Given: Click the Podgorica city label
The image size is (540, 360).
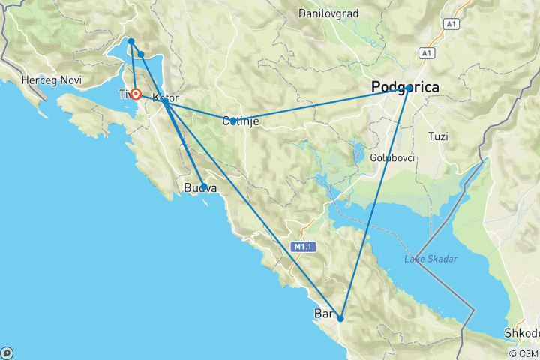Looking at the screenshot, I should (x=406, y=88).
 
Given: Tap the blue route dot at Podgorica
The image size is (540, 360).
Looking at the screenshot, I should (x=409, y=88).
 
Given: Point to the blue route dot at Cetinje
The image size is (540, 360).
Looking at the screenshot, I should (x=233, y=121).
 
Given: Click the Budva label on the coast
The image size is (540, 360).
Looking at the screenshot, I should (x=200, y=189).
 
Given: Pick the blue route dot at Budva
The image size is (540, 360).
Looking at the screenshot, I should (x=204, y=187).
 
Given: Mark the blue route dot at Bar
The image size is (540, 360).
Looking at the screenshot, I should (x=340, y=318).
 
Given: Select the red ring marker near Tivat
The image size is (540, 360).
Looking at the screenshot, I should (x=136, y=94).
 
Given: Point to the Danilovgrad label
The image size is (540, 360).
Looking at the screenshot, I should (x=328, y=13).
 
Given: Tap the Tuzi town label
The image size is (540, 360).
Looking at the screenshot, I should (x=437, y=136).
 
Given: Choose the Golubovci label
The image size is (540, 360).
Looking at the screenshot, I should (x=388, y=157).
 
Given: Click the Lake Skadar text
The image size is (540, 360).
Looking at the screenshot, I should (x=430, y=259).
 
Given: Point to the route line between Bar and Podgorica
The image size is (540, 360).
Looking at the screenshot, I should (x=375, y=202).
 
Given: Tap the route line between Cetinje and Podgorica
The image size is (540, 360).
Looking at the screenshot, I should (x=322, y=104).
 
